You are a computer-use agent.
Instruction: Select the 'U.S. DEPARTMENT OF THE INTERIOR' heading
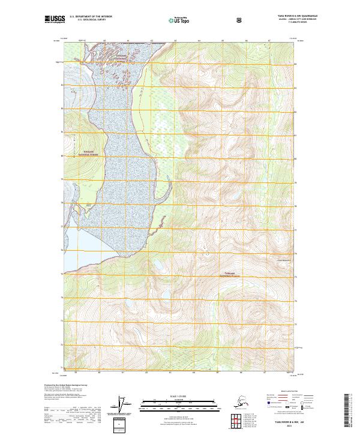tap(91, 16)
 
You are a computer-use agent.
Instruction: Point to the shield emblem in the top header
tap(240, 19)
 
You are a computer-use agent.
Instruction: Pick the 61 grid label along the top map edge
tap(128, 41)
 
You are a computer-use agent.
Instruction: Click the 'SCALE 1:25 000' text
tap(180, 397)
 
